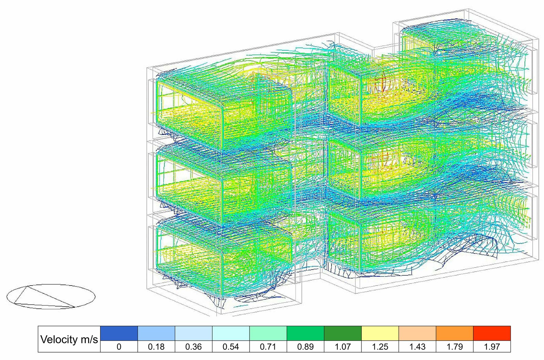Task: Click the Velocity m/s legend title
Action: [69, 339]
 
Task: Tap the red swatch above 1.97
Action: [492, 333]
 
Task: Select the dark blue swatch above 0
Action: [119, 333]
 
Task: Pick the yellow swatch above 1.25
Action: [380, 333]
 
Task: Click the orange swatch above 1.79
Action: [455, 333]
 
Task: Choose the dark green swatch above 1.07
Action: [343, 333]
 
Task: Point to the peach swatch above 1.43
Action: [418, 333]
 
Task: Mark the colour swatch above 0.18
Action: [156, 333]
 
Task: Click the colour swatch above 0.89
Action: [306, 333]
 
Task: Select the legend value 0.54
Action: [231, 347]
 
